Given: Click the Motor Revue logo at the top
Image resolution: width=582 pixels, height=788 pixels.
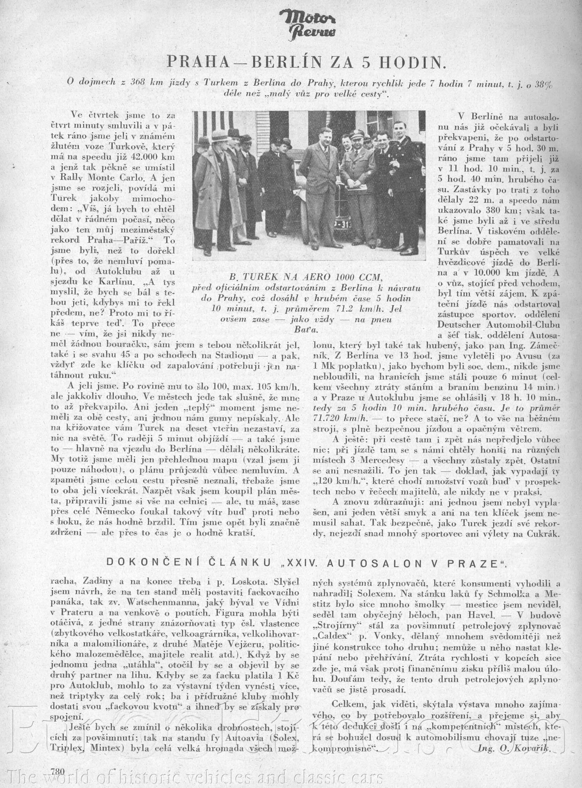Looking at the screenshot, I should click(x=307, y=24).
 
